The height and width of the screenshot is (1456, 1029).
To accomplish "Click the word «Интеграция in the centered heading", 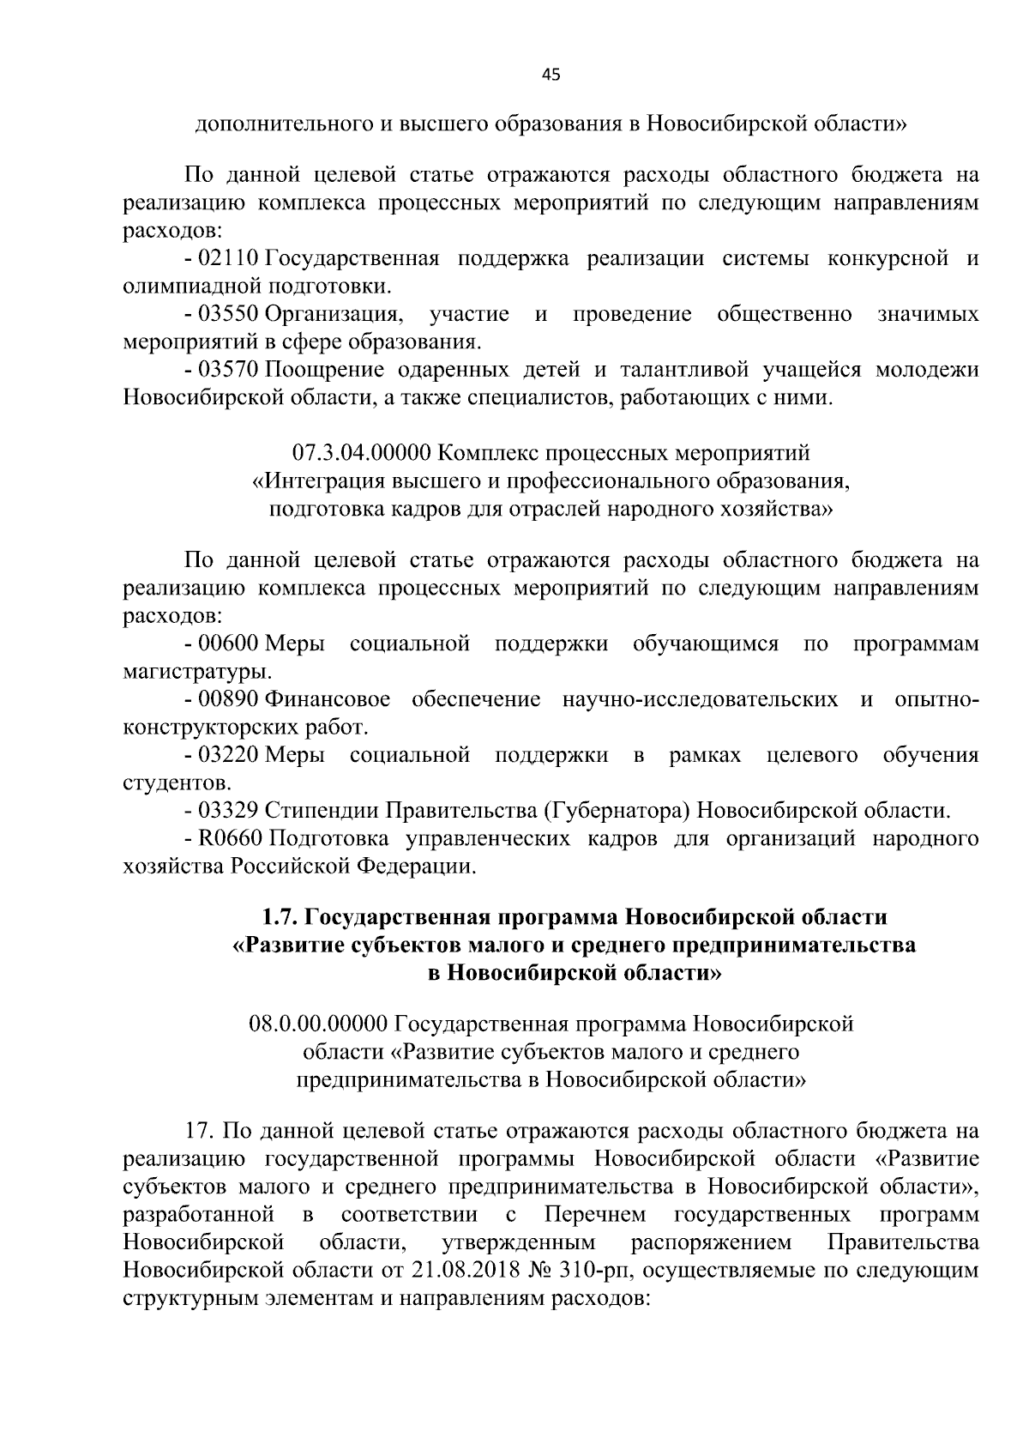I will pos(321,480).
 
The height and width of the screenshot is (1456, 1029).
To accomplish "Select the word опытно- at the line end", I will pos(936,699).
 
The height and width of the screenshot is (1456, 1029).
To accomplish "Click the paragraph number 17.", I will pos(197,1131).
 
